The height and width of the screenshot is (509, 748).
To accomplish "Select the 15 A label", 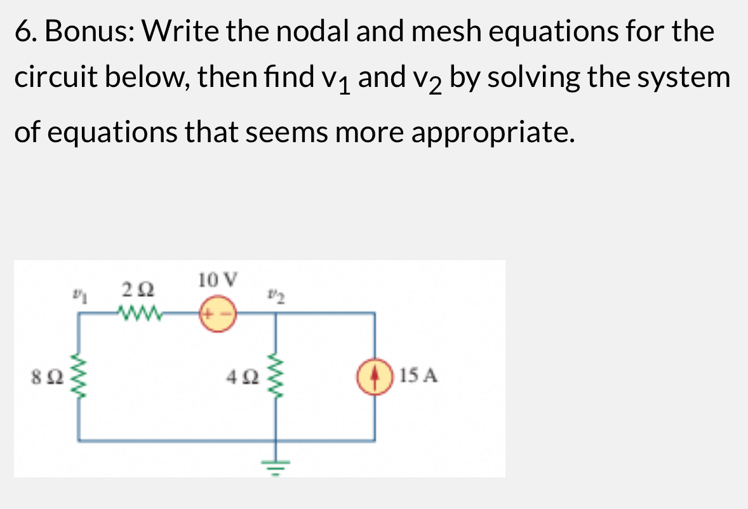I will tap(420, 376).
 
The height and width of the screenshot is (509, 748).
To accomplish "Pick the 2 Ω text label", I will tap(139, 291).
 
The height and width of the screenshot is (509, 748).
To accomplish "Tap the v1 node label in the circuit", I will tap(79, 294).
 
